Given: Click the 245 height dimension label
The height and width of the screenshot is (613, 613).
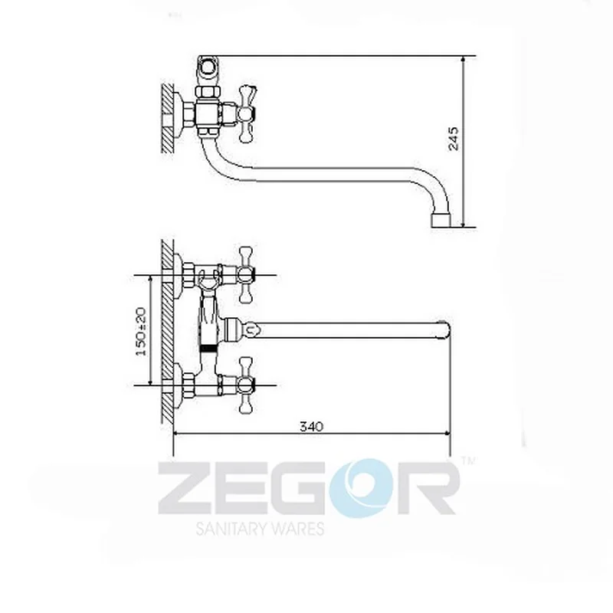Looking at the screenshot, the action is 454,139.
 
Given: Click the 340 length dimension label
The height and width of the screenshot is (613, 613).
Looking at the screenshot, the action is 312,426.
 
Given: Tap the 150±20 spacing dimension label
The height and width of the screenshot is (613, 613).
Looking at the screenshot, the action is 142,332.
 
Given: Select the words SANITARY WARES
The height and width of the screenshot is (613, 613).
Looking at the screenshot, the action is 260,529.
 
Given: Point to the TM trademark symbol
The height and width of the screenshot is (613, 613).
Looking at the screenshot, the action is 469,461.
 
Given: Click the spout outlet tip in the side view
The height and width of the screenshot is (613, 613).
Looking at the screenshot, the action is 441,221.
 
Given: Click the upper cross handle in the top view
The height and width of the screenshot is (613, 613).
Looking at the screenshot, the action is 245,275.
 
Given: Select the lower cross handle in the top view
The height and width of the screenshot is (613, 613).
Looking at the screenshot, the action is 245,385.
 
